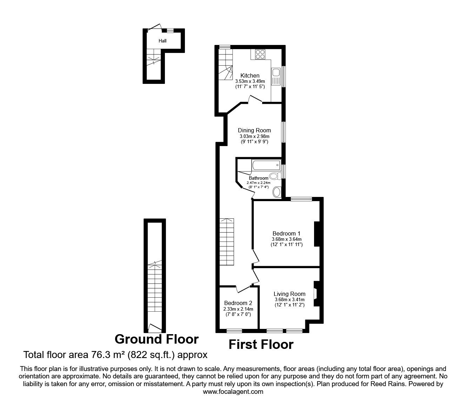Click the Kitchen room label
point(250,75)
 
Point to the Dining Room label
point(254,130)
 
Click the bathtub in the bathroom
point(266,165)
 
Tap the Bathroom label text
point(259,178)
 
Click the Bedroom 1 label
point(286,233)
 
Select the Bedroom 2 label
point(238,303)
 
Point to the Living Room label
point(289,294)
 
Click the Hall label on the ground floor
point(162,41)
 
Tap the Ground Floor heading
point(157,339)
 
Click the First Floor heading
point(261,344)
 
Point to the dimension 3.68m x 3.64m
point(287,239)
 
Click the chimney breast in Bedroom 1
point(317,234)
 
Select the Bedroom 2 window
point(234,331)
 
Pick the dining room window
point(284,132)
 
